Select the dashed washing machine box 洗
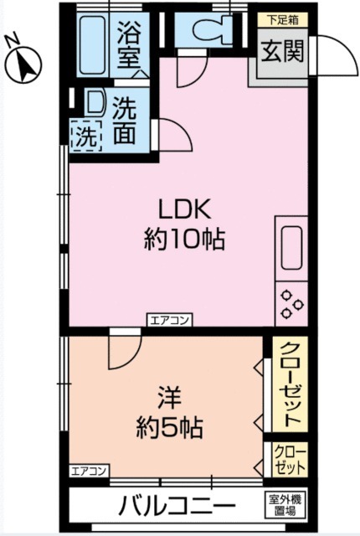85,137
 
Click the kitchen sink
291,248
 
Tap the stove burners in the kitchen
291,302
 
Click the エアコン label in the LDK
170,319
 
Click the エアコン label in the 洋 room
88,470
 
